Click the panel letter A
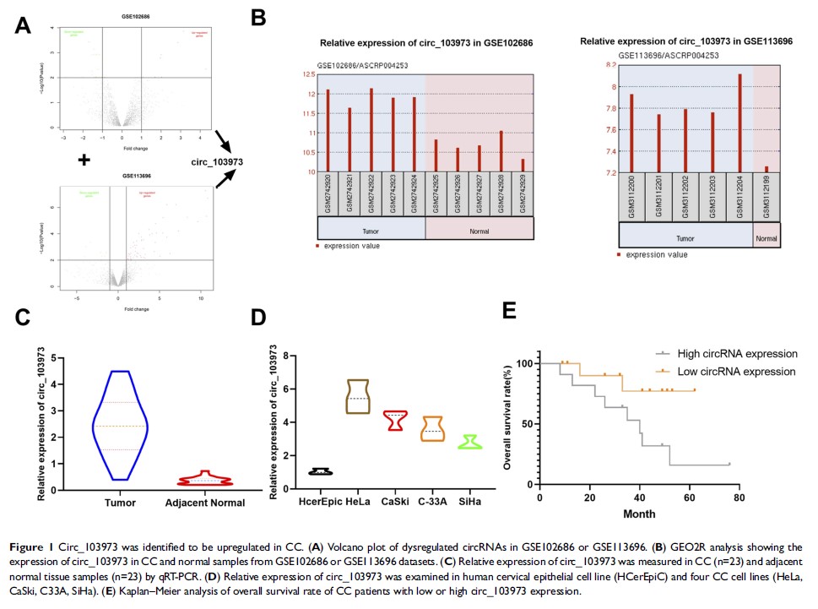click(x=24, y=27)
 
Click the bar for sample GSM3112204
click(x=739, y=122)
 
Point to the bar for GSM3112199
click(x=766, y=169)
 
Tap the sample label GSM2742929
click(x=523, y=194)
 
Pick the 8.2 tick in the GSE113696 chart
click(x=607, y=64)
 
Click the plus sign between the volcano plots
click(x=84, y=160)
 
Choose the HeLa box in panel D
click(x=358, y=396)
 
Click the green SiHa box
click(x=469, y=442)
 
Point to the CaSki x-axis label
click(x=395, y=502)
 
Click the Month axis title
click(x=639, y=514)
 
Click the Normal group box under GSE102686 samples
click(x=479, y=230)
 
